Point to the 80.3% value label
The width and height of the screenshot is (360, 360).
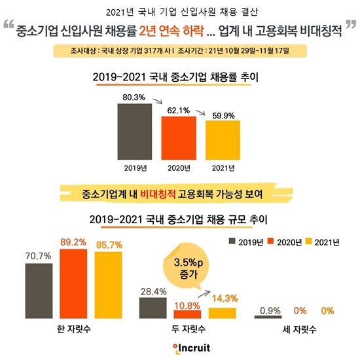point(134,98)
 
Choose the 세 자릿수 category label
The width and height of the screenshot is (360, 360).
point(302,331)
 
